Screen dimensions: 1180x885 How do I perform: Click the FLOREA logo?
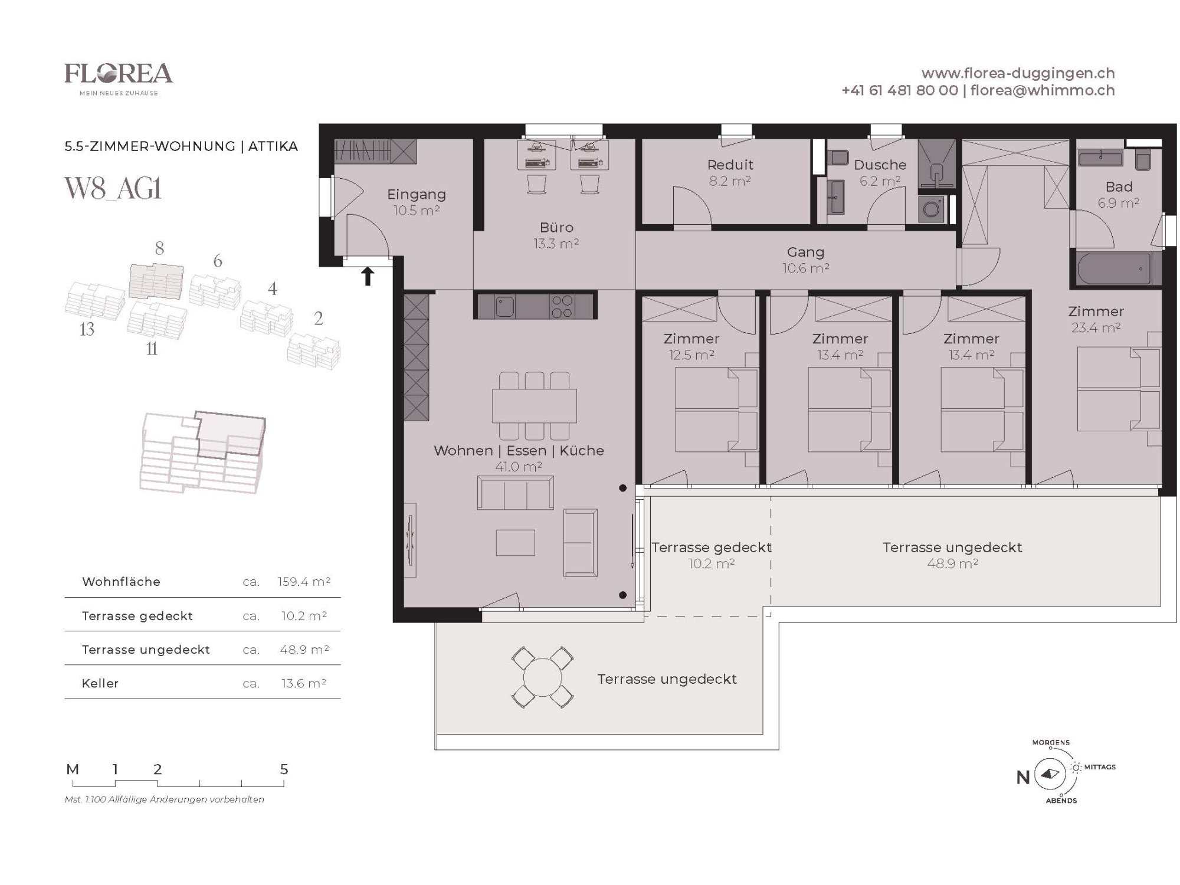[x=119, y=78]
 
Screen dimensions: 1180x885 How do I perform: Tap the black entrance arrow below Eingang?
[x=368, y=276]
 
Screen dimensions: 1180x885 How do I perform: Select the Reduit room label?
[x=730, y=165]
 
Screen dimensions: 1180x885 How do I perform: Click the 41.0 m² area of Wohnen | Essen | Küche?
[x=519, y=467]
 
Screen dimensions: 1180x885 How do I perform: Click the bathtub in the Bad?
[x=1115, y=269]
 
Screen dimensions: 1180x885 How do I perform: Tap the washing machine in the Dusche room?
[x=932, y=209]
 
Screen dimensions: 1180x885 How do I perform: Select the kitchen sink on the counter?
[x=504, y=306]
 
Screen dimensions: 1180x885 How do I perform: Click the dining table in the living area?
[x=535, y=405]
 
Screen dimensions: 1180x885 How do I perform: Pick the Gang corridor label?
[x=805, y=253]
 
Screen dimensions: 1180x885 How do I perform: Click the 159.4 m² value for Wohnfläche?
[x=304, y=582]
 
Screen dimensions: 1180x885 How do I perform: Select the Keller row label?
[x=100, y=683]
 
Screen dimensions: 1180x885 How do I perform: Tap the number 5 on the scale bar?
[x=284, y=769]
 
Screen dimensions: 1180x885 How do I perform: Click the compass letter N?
[x=1023, y=778]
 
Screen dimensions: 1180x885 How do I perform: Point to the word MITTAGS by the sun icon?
[x=1100, y=767]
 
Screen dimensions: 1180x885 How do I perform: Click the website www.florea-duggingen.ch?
[x=1018, y=73]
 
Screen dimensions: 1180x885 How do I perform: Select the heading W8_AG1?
[x=113, y=189]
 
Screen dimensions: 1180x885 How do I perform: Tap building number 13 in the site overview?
[x=87, y=329]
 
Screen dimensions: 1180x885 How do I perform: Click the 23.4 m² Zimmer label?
[x=1096, y=327]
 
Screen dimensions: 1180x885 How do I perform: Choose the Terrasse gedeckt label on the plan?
[x=711, y=548]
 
